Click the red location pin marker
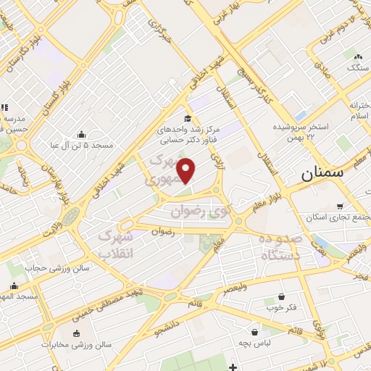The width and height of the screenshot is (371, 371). [x=187, y=171]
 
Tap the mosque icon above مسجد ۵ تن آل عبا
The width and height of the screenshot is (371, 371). [x=80, y=134]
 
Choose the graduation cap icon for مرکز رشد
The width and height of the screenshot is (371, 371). [x=187, y=119]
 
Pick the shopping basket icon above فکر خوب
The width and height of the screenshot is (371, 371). [x=281, y=297]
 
